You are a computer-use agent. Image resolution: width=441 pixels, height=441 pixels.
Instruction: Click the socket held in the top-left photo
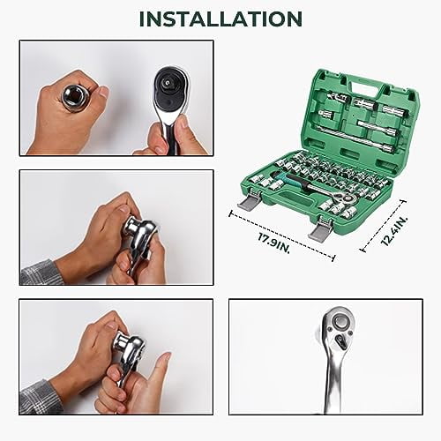coord(75,95)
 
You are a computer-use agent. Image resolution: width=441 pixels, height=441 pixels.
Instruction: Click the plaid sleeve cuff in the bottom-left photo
coord(40,396)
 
